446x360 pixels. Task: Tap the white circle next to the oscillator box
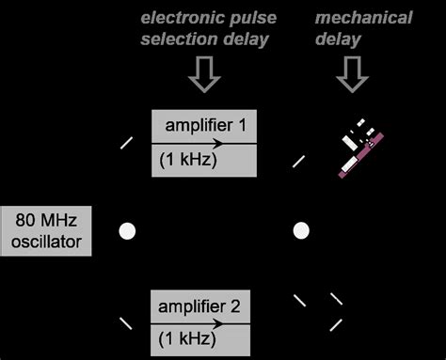127,230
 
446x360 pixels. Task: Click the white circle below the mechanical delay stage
301,230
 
